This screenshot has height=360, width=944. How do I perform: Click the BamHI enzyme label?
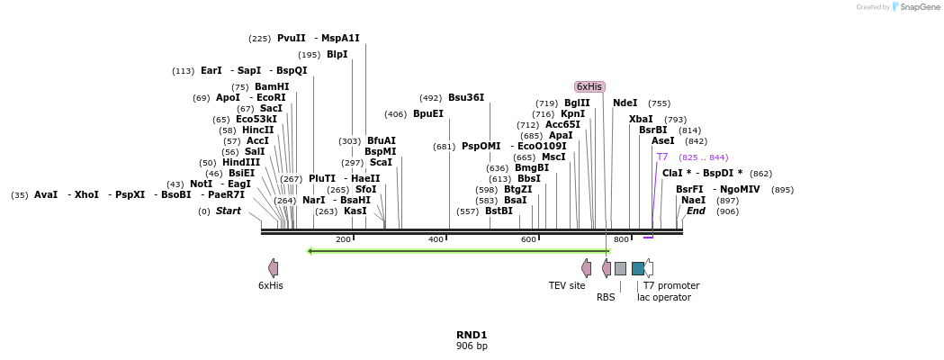click(272, 86)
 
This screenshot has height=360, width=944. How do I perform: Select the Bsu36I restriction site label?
click(466, 97)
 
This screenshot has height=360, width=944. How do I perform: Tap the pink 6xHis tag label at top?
click(589, 86)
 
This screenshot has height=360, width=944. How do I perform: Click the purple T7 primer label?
click(662, 157)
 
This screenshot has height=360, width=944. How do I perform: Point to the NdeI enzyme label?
click(625, 103)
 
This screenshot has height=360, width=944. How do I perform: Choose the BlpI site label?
click(337, 54)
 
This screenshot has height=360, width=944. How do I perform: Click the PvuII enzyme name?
click(292, 38)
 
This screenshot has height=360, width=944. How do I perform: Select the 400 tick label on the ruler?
click(436, 239)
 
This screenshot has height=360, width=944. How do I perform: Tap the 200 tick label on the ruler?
click(343, 239)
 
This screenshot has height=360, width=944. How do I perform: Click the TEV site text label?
click(567, 285)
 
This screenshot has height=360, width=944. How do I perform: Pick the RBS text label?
click(606, 297)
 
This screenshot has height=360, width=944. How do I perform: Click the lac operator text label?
click(664, 297)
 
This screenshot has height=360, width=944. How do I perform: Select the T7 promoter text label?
click(671, 285)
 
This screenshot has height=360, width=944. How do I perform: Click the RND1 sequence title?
click(472, 335)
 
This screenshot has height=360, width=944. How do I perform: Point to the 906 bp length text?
click(472, 346)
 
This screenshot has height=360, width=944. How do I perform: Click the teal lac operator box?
click(637, 268)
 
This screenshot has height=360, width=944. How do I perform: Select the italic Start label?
click(229, 211)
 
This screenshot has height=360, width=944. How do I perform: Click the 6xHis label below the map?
click(271, 285)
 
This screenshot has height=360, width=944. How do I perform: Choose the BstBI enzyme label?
click(499, 211)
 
